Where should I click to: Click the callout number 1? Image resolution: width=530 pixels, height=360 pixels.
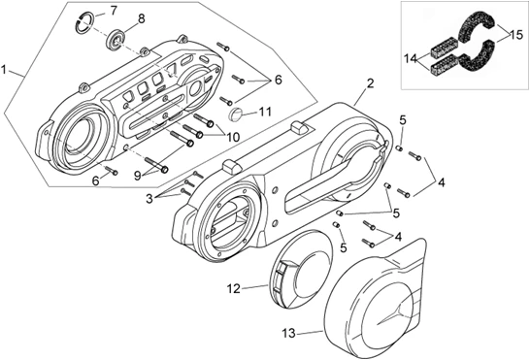pos(7,71)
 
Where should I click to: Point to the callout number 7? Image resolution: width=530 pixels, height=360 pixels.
pos(114,11)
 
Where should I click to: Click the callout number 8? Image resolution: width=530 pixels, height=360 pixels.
pos(142,18)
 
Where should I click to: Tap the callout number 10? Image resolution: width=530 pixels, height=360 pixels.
pos(232,137)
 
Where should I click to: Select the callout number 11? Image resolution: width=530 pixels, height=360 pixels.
pos(265,112)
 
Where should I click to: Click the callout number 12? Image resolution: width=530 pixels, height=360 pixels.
pos(233,288)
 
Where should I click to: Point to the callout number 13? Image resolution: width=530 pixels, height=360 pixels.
pos(288,332)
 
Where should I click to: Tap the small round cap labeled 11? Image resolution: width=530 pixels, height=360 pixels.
pos(236,115)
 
